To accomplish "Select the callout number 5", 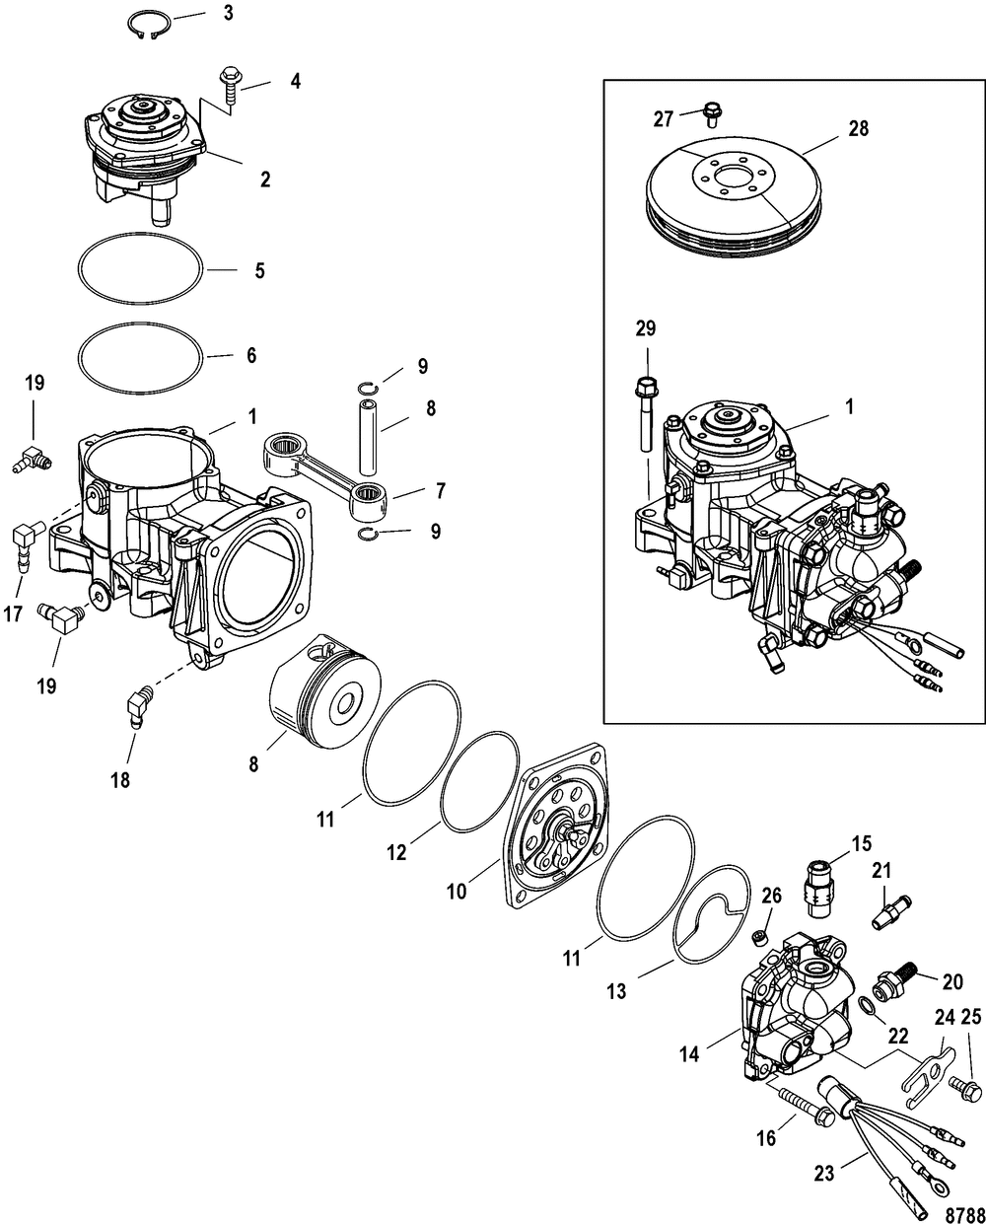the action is tap(259, 270).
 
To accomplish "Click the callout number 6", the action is tap(250, 355).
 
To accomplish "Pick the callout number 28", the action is tap(858, 128).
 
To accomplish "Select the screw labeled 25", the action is tap(965, 1090).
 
